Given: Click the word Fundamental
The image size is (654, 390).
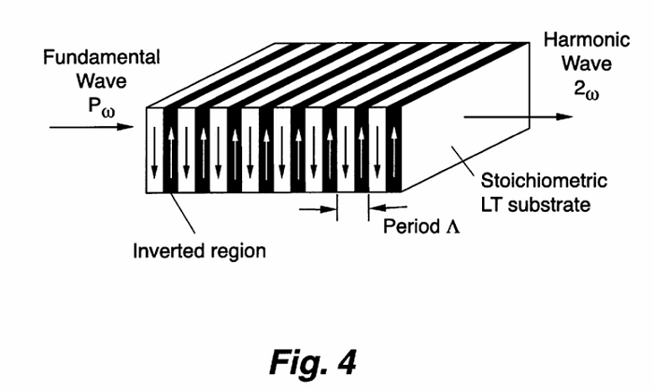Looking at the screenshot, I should pos(102,57).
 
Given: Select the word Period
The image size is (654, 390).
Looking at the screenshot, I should pos(409,227).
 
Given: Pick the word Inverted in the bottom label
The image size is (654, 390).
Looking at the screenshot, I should pos(166,251).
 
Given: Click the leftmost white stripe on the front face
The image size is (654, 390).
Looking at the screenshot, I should pos(155,149).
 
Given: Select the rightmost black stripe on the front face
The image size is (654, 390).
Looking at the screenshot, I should pos(394,149).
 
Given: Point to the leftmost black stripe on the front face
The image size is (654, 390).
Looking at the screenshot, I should pos(171,149).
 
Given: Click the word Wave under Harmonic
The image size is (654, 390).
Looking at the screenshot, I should pos(574,64).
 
